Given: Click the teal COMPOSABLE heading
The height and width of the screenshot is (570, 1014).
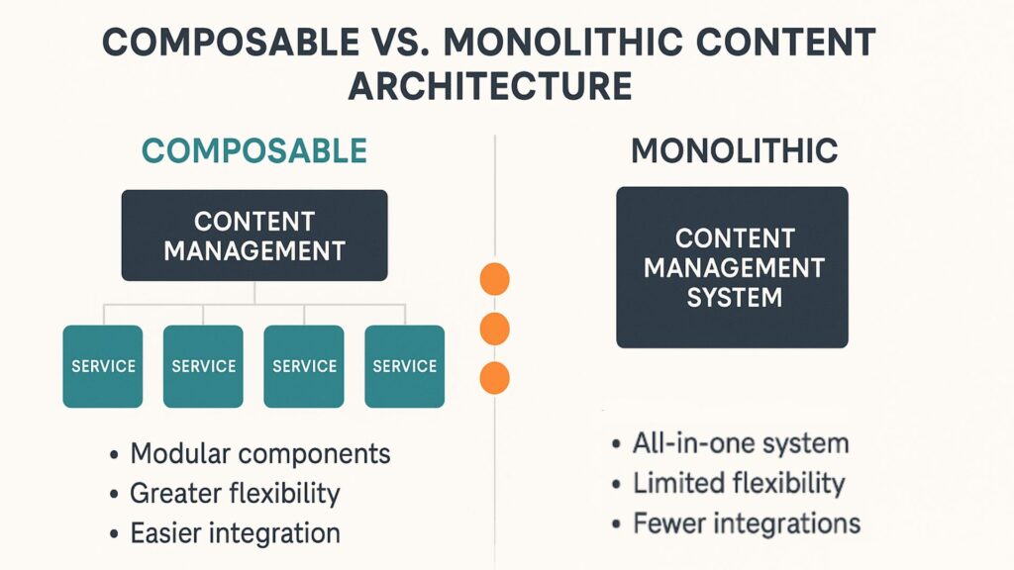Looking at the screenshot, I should pyautogui.click(x=253, y=150).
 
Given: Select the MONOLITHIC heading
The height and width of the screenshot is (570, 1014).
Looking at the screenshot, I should pyautogui.click(x=734, y=150).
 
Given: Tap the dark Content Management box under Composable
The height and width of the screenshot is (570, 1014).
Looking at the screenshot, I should pyautogui.click(x=253, y=236).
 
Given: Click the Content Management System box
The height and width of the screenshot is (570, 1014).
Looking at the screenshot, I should pyautogui.click(x=732, y=267).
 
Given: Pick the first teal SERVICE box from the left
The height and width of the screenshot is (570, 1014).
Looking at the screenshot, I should pyautogui.click(x=103, y=366).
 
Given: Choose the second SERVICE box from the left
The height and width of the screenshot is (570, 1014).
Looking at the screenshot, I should pyautogui.click(x=203, y=366).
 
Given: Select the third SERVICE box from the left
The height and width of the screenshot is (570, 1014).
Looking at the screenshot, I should pyautogui.click(x=304, y=366).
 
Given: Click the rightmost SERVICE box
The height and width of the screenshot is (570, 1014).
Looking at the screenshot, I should pyautogui.click(x=404, y=366).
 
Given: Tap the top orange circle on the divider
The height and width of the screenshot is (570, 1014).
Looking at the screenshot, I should pyautogui.click(x=494, y=280).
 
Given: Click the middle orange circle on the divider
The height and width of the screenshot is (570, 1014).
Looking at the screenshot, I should pyautogui.click(x=494, y=329).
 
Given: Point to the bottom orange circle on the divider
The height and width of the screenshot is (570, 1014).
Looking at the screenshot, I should pyautogui.click(x=494, y=377).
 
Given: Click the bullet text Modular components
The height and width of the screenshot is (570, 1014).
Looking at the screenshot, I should pyautogui.click(x=260, y=454).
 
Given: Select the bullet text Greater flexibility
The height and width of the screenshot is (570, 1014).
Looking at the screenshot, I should pyautogui.click(x=235, y=493).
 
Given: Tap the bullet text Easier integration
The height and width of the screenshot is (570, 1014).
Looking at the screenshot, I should pyautogui.click(x=235, y=533).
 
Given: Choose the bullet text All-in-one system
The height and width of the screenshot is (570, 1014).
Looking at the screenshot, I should pyautogui.click(x=741, y=443).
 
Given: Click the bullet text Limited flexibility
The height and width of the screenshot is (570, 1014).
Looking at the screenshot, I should pyautogui.click(x=739, y=483).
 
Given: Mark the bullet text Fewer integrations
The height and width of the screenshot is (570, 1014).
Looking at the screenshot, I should pyautogui.click(x=746, y=522).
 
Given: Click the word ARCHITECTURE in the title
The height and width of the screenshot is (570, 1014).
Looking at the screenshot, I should pyautogui.click(x=489, y=86).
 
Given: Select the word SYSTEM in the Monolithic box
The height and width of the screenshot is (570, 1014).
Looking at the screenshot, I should pyautogui.click(x=734, y=297).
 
